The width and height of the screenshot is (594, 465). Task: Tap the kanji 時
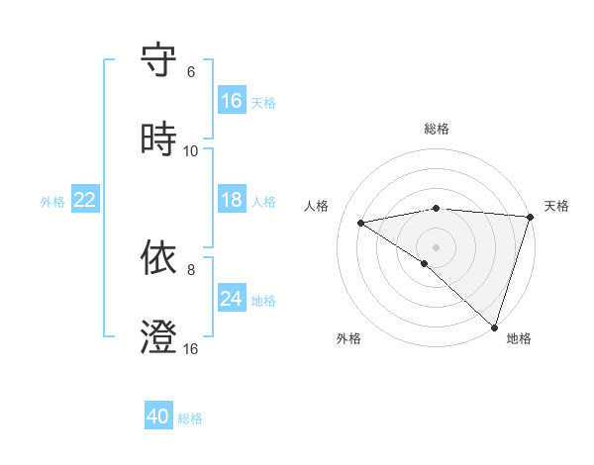tap(158, 139)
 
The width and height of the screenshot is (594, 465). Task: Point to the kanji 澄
tap(158, 337)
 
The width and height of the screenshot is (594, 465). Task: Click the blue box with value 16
tap(232, 101)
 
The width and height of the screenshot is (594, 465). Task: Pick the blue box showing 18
tap(232, 200)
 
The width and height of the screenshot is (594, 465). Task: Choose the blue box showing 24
tap(232, 299)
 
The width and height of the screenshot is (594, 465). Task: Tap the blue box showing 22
tap(85, 200)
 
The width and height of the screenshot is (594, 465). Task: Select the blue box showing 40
tap(158, 417)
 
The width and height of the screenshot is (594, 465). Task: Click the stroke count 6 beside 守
tap(191, 72)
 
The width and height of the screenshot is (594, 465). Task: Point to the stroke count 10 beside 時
tap(191, 150)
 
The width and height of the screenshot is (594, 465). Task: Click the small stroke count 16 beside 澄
tap(191, 349)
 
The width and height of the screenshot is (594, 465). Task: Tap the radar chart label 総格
tap(437, 129)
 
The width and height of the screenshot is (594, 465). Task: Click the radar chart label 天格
tap(556, 206)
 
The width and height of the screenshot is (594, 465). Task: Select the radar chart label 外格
tap(348, 338)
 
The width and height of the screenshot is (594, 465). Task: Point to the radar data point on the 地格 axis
tap(494, 326)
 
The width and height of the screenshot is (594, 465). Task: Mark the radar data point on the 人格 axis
tap(361, 223)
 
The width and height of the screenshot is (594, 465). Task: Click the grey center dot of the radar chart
tap(436, 246)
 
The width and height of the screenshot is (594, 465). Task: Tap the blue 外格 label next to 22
tap(52, 201)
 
